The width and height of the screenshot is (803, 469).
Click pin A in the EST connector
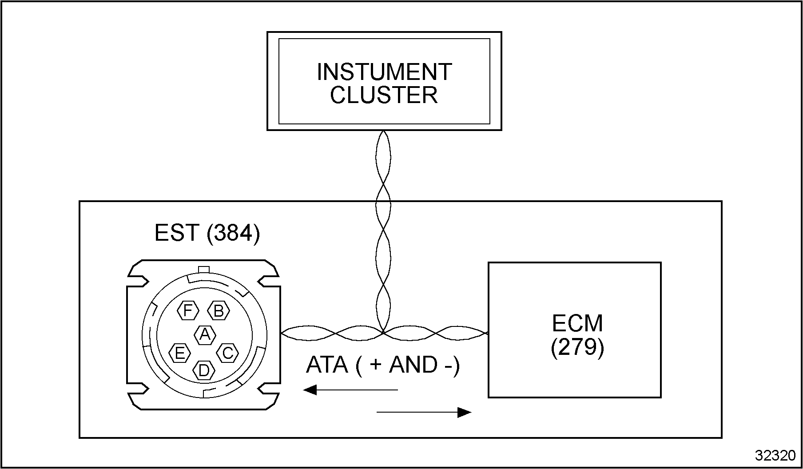(205, 334)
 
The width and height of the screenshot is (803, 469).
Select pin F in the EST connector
(188, 310)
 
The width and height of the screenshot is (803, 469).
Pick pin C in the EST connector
(227, 353)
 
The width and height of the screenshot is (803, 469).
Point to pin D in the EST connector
(204, 370)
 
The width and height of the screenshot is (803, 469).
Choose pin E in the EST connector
(180, 353)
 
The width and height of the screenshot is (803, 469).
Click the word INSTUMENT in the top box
(384, 72)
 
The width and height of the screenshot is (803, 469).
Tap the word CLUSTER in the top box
(384, 95)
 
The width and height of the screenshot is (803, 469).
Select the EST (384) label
(207, 233)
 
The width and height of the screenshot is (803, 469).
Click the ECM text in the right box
(577, 323)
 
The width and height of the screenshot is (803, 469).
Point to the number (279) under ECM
(577, 347)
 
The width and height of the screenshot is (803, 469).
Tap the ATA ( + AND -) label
(383, 365)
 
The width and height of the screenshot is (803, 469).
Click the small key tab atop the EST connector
(203, 269)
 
